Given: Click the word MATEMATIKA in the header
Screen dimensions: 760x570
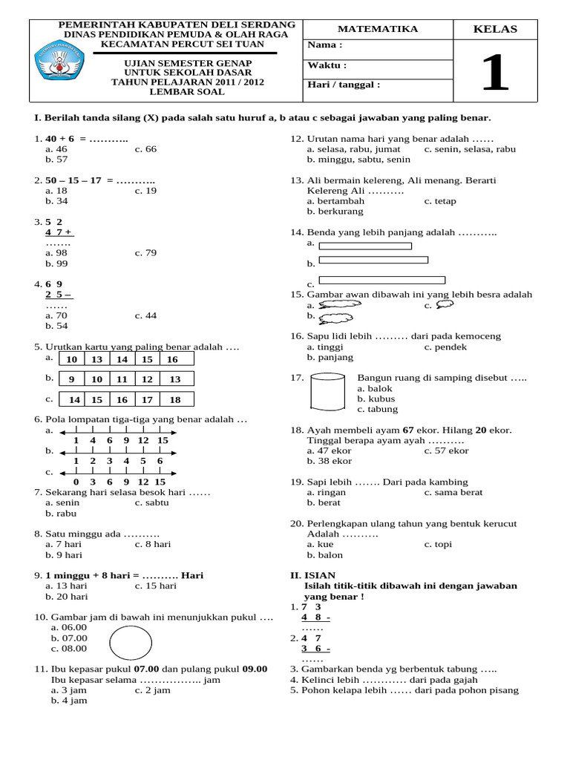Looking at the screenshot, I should tap(378, 29).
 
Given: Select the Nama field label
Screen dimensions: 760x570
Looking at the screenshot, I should tap(324, 46).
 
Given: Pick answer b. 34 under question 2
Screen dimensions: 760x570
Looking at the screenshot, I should tap(56, 201).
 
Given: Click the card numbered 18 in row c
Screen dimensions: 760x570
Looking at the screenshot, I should tap(175, 400).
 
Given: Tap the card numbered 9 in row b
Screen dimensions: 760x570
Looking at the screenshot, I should tap(72, 379).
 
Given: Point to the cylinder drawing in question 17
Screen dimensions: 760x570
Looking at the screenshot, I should tap(327, 390).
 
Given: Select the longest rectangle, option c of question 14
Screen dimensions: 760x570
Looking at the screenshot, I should tap(381, 281).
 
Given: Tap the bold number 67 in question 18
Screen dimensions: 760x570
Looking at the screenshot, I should tap(407, 430).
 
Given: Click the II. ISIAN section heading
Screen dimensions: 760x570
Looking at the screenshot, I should tap(312, 575).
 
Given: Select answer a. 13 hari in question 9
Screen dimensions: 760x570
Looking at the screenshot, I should tap(66, 586).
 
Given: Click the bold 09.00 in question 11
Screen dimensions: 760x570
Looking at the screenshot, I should tap(255, 669).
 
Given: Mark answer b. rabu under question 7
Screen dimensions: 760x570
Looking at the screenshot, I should tap(60, 513).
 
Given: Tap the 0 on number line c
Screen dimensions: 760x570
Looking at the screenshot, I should tap(76, 482).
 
